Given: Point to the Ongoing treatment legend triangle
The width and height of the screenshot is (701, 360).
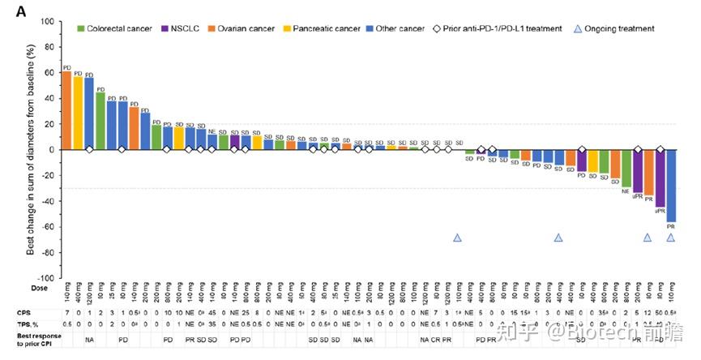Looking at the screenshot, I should coord(578,29).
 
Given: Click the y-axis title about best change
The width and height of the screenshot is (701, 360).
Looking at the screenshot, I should coord(30,150).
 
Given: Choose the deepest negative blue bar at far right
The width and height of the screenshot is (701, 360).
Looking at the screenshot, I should coord(671,186).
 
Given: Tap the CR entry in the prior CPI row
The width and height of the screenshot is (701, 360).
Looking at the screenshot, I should coord(435,339).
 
